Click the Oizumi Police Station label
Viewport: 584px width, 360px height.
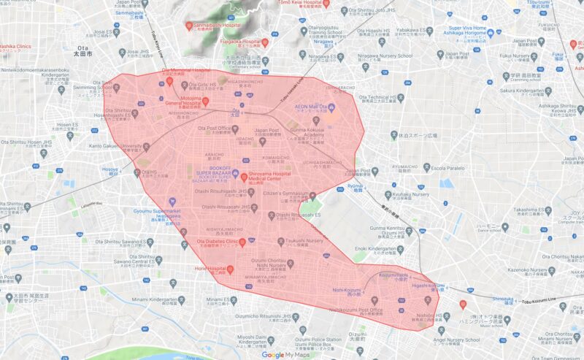(x=318, y=340)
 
